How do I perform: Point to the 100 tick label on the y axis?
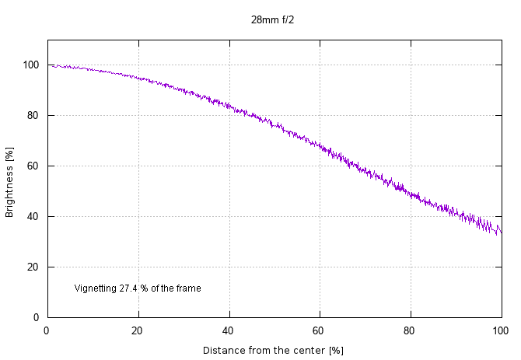[x=31, y=65]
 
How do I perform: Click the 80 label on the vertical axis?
[x=33, y=115]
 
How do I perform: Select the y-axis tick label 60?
[x=33, y=166]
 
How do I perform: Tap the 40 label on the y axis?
[x=33, y=216]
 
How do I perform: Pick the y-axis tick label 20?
[x=33, y=267]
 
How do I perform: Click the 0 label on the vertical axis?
[x=36, y=317]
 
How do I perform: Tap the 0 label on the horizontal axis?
[x=47, y=330]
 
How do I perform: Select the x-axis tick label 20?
[x=138, y=330]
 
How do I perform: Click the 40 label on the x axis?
[x=229, y=330]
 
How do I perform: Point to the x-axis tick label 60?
[x=320, y=330]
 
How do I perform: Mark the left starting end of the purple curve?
[x=52, y=66]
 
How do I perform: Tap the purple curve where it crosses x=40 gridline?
[x=229, y=104]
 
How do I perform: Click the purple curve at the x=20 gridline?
[x=138, y=77]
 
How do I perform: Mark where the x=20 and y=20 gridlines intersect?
[x=138, y=267]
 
